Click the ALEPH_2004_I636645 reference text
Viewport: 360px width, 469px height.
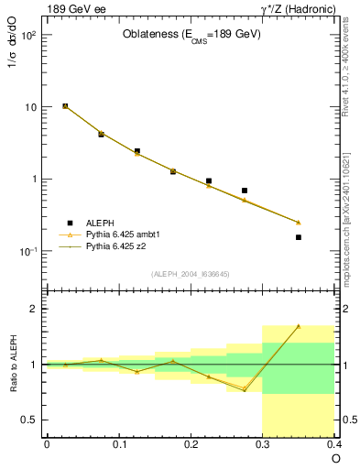[x=191, y=274]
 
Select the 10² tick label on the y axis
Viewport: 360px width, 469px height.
[x=28, y=36]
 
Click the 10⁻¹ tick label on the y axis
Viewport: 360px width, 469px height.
[x=28, y=251]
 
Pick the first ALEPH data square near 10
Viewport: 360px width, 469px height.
[x=65, y=106]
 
